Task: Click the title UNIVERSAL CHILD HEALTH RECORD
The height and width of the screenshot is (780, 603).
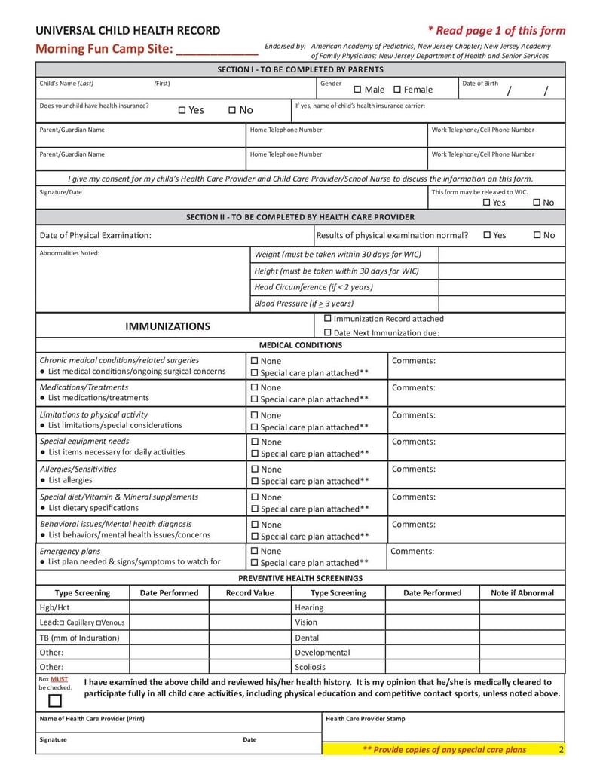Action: [x=128, y=31]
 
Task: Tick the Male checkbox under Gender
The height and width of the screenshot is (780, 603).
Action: [x=358, y=90]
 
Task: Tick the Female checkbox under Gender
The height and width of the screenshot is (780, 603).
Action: [x=397, y=90]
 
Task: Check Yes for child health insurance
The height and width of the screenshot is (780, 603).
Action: [x=182, y=111]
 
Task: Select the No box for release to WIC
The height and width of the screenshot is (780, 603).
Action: [x=537, y=203]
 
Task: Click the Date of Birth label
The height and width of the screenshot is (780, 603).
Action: [x=480, y=84]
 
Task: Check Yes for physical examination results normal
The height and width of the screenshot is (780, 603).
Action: [x=487, y=235]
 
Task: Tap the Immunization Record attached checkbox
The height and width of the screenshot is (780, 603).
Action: [x=328, y=319]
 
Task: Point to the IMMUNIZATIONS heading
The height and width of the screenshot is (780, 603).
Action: [x=167, y=326]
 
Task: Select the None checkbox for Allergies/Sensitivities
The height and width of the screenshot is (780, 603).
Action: [x=255, y=470]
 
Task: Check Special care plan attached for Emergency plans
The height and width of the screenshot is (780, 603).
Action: [x=255, y=563]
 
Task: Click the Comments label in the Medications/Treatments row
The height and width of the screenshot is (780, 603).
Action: [x=413, y=388]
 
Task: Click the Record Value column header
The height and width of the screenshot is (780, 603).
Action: [x=250, y=593]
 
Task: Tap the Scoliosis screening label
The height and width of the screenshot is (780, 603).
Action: [x=311, y=667]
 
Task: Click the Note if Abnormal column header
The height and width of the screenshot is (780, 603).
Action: [x=522, y=593]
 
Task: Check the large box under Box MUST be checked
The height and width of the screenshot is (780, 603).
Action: [x=55, y=702]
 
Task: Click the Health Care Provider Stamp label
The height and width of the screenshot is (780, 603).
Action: [x=365, y=719]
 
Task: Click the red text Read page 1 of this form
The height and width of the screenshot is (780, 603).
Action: [x=497, y=31]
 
